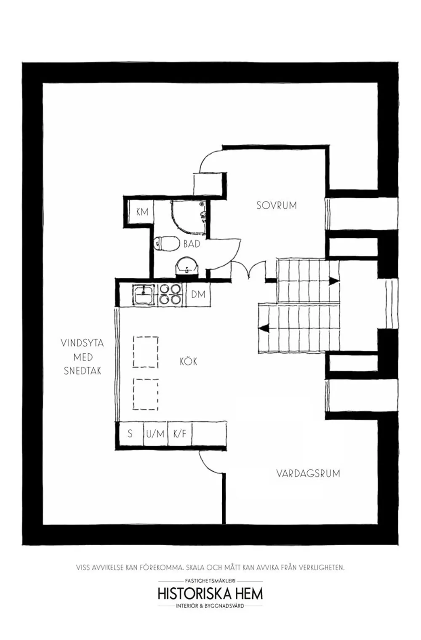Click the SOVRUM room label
pos(277,205)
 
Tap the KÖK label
pos(188,361)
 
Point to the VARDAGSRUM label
pos(308,473)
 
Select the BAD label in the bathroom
pos(192,244)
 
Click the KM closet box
pos(142,212)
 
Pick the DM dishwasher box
pos(198,294)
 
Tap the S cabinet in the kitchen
pos(130,433)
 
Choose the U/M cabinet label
pos(155,433)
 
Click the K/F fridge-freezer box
pos(180,433)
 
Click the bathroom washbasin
pos(187,266)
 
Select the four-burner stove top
pos(170,294)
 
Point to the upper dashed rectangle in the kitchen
pos(146,352)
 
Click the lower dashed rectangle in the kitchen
pos(146,394)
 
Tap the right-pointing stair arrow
pos(334,280)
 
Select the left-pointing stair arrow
pos(265,327)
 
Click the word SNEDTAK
pos(83,371)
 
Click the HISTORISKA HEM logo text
pos(210,593)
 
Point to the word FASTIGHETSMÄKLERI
pos(210,580)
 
